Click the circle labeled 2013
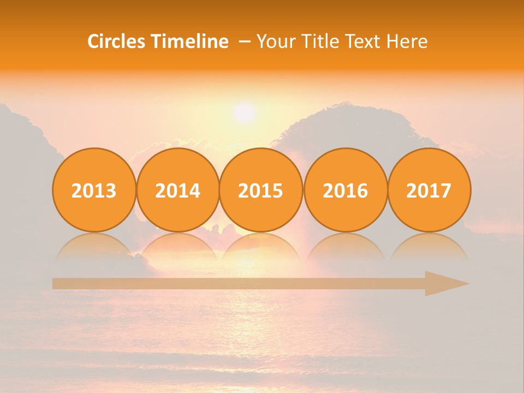pyautogui.click(x=94, y=190)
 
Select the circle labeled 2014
pyautogui.click(x=177, y=190)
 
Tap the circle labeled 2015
pyautogui.click(x=261, y=190)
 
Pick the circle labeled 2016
pyautogui.click(x=346, y=190)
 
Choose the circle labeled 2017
pyautogui.click(x=429, y=190)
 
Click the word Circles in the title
pyautogui.click(x=117, y=41)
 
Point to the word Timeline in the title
pyautogui.click(x=190, y=41)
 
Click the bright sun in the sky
pyautogui.click(x=244, y=113)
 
